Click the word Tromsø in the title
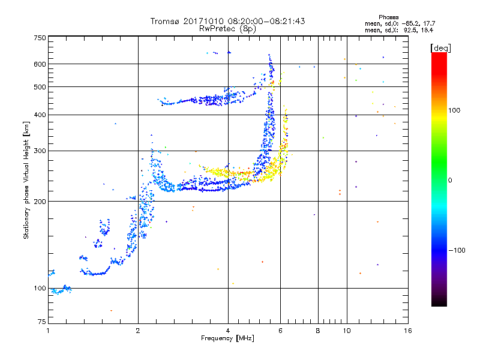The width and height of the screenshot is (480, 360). tap(165, 21)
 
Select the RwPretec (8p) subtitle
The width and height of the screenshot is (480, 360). tap(227, 29)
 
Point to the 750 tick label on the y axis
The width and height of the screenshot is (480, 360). tap(40, 38)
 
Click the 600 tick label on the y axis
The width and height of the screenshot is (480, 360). tap(40, 64)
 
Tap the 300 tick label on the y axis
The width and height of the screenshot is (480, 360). tap(40, 151)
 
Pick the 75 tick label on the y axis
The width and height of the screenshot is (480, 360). tap(42, 322)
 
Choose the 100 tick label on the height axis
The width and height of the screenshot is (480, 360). tap(40, 289)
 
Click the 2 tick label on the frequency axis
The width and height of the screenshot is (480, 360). tap(138, 331)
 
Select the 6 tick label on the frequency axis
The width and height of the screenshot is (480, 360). tap(280, 331)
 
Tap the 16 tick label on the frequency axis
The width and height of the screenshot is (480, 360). tap(408, 331)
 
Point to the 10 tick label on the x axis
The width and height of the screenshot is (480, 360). tap(347, 331)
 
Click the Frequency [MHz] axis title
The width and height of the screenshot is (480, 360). tap(227, 338)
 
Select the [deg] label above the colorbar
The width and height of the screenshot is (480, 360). tap(441, 48)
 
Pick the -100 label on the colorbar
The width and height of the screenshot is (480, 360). tap(457, 250)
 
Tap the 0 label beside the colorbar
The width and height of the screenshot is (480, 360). tap(450, 181)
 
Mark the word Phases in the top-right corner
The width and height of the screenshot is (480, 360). tap(389, 17)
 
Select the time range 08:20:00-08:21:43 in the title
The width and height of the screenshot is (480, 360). tap(266, 21)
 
